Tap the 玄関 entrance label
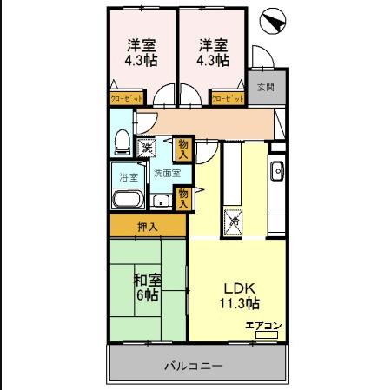(265, 87)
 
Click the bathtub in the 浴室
(128, 201)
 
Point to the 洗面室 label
(167, 173)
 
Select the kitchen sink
(276, 170)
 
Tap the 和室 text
(148, 280)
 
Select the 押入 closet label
(148, 228)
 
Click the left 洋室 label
(140, 45)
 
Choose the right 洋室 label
(211, 45)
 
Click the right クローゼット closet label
(228, 100)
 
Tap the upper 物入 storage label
(182, 149)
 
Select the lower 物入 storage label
(183, 199)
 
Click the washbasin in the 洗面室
(159, 202)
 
